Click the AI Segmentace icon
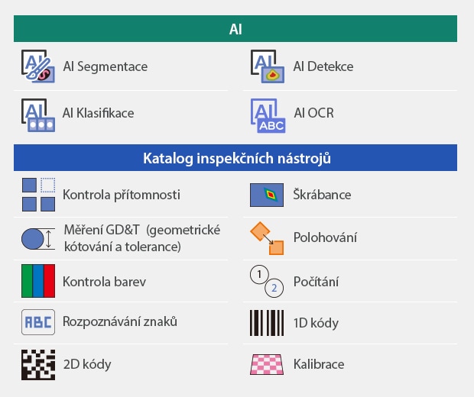tap(38, 66)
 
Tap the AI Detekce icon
tap(268, 66)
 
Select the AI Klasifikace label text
tap(99, 113)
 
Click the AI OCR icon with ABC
tap(268, 115)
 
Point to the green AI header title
tap(235, 29)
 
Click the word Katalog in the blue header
tap(167, 158)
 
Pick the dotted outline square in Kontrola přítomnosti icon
tap(47, 185)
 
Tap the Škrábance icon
tap(267, 195)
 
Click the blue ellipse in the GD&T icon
tap(33, 239)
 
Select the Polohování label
tap(325, 237)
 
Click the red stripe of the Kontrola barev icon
tap(49, 281)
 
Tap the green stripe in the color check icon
tap(27, 281)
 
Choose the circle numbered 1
tap(259, 274)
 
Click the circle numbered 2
tap(274, 288)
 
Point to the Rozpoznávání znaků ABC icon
tap(38, 322)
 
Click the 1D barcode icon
tap(267, 323)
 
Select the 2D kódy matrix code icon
tap(38, 365)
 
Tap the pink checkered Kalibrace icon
tap(267, 364)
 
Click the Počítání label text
tap(316, 282)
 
